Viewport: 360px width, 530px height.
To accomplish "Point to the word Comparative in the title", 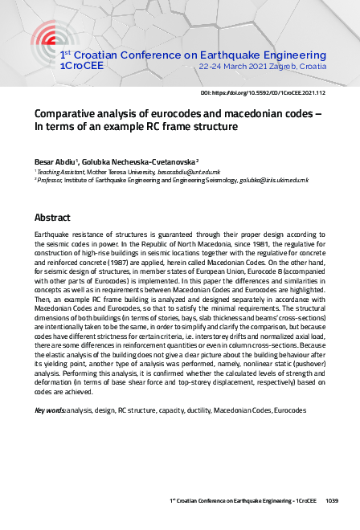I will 68,113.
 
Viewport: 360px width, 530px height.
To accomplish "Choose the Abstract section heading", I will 53,218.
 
